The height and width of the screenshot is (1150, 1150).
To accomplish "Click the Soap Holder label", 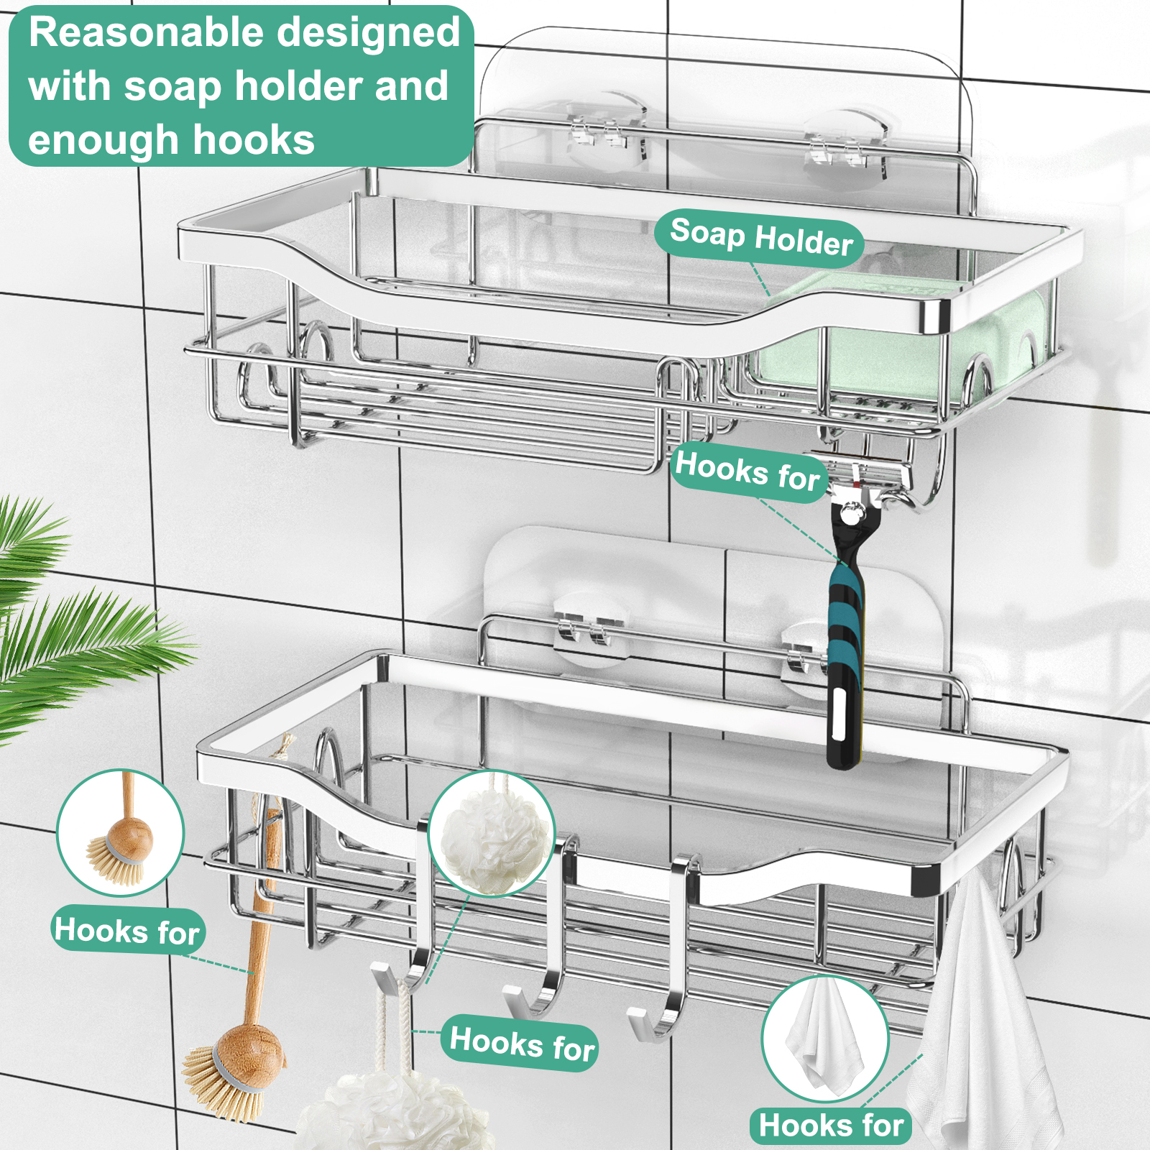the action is [x=761, y=237].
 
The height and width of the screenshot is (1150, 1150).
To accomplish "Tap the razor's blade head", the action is [x=866, y=482].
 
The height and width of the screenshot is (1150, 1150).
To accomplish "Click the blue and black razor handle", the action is [x=845, y=647].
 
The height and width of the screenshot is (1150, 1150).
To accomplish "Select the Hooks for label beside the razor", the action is [x=747, y=471].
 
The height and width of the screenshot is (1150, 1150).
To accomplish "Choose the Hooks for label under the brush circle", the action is [x=127, y=930].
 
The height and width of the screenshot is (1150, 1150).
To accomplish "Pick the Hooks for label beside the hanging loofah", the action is [x=523, y=1043].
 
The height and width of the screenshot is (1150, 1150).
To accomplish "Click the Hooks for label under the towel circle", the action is [x=831, y=1125].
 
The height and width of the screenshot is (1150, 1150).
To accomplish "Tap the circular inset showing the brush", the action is [x=121, y=832].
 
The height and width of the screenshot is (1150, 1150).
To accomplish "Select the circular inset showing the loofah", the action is [x=492, y=834].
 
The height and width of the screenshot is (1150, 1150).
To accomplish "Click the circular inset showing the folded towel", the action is [x=825, y=1039].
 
